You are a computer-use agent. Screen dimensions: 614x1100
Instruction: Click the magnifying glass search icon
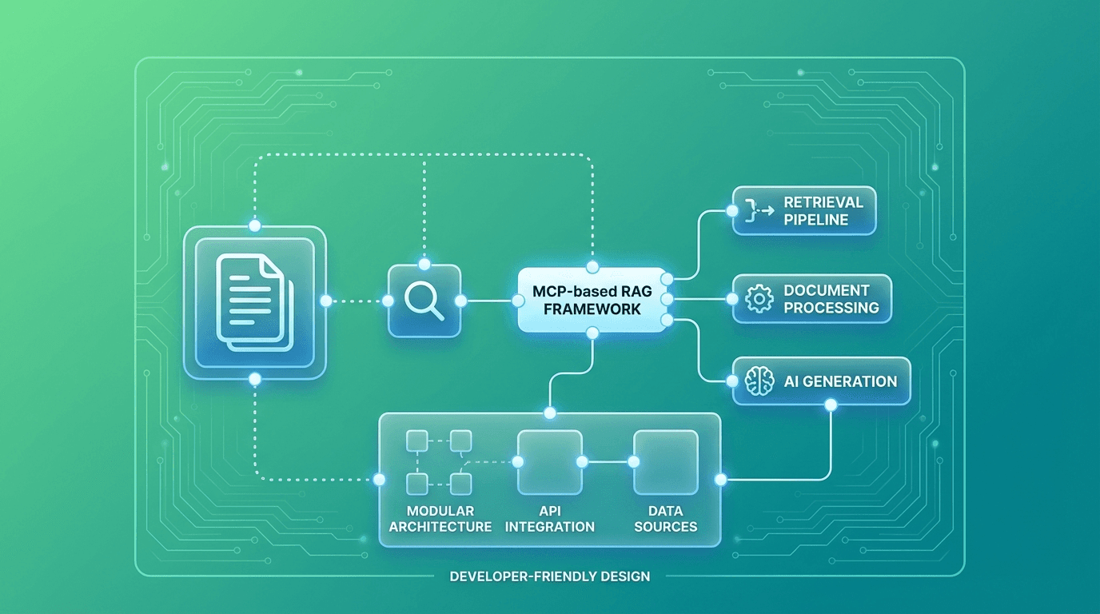click(x=424, y=301)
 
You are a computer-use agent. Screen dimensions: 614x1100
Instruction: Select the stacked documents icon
click(x=255, y=302)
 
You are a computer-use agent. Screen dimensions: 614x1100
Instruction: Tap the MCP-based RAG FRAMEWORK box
click(x=592, y=300)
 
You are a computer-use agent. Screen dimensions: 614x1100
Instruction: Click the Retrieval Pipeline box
click(x=804, y=211)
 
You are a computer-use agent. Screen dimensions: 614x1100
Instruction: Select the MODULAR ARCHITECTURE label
click(x=440, y=519)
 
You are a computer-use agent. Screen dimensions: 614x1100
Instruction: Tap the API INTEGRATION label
click(x=549, y=519)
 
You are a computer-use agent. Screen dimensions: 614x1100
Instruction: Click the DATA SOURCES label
click(x=666, y=519)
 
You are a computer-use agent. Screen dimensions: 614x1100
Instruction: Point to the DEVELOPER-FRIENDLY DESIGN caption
click(x=550, y=576)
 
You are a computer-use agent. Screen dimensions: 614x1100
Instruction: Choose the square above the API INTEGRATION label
click(x=549, y=462)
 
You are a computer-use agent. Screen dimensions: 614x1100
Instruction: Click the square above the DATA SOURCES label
click(x=666, y=462)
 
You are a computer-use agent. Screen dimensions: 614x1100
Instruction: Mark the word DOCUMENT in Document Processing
click(x=826, y=290)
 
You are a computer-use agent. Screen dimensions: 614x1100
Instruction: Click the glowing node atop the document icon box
click(x=255, y=226)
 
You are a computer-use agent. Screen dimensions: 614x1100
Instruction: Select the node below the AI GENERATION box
click(x=830, y=405)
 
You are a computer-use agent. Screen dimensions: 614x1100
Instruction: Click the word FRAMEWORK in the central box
click(x=592, y=309)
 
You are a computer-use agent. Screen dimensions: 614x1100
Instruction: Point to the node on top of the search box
click(x=424, y=264)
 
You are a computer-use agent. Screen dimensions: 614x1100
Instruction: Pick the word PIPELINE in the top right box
click(x=815, y=220)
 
